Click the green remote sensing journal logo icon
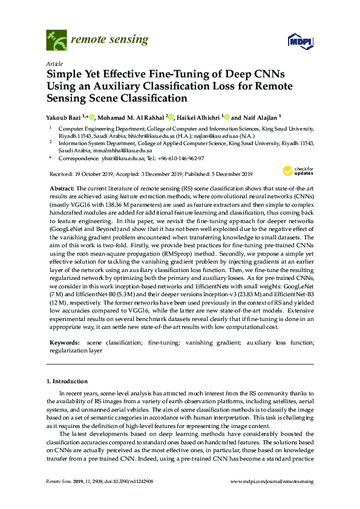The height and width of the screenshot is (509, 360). click(x=56, y=41)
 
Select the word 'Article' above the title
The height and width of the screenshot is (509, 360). click(x=54, y=63)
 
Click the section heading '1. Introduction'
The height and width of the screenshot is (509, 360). click(x=67, y=381)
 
